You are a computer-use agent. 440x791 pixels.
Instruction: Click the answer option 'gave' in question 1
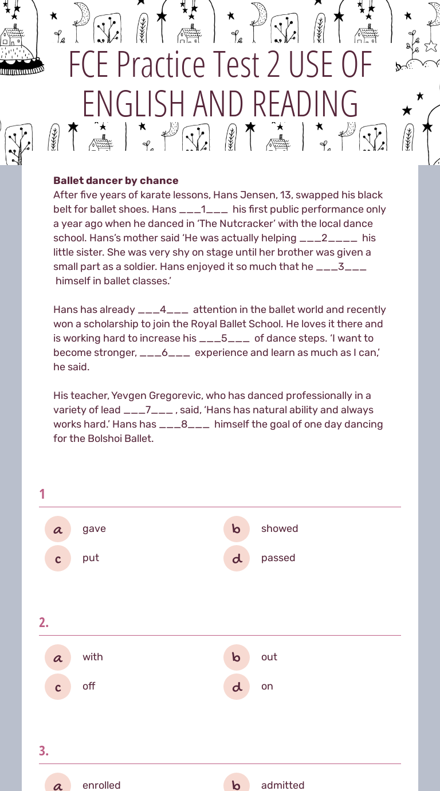94,528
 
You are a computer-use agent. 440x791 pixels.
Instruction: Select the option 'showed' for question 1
279,528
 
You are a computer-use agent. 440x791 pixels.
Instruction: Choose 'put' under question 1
91,558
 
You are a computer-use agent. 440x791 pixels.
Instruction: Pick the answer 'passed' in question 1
278,558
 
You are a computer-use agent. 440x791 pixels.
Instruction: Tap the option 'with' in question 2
92,657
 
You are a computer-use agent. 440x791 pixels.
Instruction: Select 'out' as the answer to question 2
269,657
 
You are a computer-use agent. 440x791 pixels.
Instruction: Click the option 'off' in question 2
89,686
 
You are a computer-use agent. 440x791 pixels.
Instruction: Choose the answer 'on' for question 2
267,686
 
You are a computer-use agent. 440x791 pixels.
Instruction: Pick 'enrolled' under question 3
101,785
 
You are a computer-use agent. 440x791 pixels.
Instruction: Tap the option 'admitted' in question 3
282,785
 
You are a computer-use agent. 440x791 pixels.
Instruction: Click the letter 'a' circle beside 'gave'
58,529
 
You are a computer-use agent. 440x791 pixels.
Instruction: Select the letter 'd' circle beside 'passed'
237,558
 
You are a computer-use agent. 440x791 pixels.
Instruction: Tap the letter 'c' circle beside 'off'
58,687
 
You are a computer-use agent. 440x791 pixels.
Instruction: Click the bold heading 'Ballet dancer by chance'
116,181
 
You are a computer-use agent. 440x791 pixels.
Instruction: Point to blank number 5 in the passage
224,338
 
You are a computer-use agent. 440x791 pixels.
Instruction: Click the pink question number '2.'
44,622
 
